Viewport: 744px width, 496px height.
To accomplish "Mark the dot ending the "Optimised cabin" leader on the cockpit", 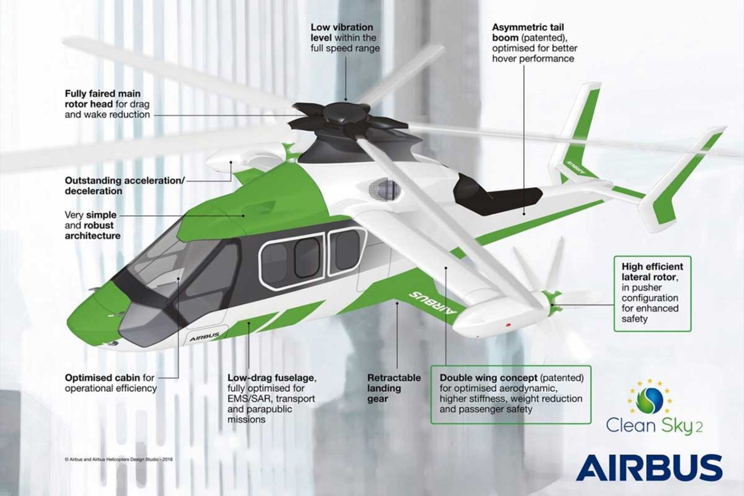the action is pyautogui.click(x=178, y=278).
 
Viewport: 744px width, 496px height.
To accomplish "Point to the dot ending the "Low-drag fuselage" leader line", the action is pyautogui.click(x=248, y=322).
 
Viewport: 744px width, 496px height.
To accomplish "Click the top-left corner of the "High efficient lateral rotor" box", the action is pyautogui.click(x=614, y=256).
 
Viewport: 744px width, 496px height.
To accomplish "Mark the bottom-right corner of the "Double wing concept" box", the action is pyautogui.click(x=591, y=424).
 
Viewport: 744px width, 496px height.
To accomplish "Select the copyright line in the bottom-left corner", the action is pyautogui.click(x=119, y=460).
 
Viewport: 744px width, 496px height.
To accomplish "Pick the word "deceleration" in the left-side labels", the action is pyautogui.click(x=93, y=191).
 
